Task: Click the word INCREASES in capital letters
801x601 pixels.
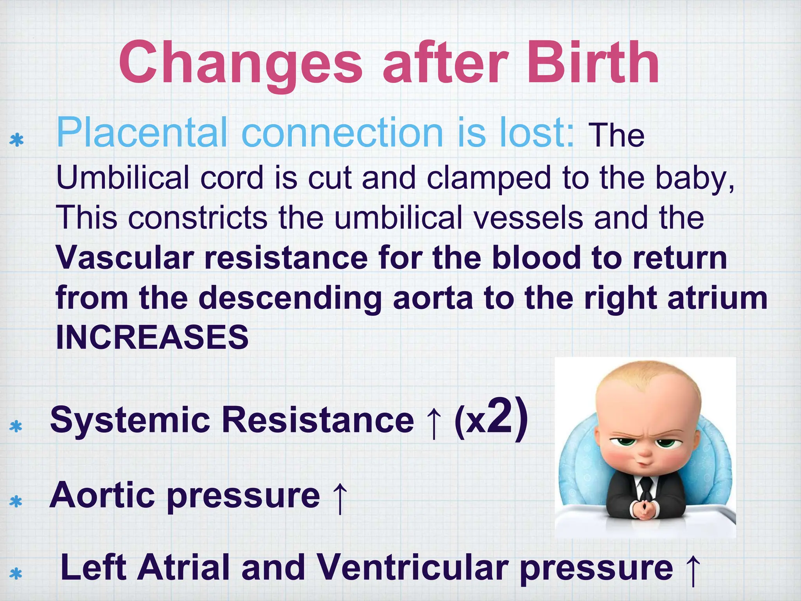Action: point(152,337)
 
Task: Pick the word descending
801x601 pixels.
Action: point(289,299)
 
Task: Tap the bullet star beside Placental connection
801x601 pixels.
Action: point(16,140)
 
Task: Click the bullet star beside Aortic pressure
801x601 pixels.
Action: point(16,501)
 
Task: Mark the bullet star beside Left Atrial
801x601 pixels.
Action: point(16,574)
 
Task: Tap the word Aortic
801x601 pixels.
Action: point(102,495)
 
